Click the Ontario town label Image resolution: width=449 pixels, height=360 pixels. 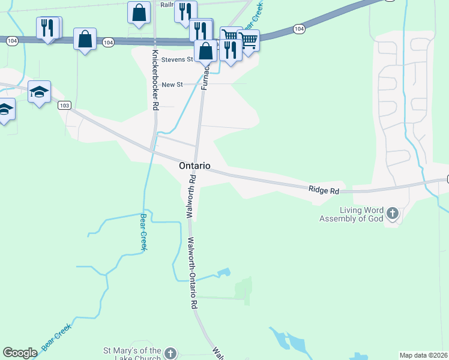pos(194,166)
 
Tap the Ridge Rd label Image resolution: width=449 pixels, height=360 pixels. pos(324,190)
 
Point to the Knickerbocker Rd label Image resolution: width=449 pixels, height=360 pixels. pos(155,80)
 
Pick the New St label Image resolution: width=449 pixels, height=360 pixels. pos(172,85)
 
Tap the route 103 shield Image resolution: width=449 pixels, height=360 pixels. pos(65,106)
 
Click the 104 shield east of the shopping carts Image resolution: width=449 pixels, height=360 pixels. pos(299,29)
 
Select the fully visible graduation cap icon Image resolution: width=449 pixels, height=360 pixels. pos(39,92)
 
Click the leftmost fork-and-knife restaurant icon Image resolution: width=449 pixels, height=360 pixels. pos(47,28)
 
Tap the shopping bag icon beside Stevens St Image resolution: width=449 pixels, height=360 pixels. pos(206,51)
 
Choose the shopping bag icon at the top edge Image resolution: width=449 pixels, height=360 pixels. pos(139,12)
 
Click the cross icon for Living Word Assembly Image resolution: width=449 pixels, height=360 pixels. pos(392,213)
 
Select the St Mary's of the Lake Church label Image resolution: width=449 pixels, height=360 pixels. pos(133,354)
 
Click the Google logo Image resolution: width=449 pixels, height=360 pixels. pos(20,353)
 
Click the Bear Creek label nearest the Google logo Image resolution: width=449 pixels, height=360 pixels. pos(56,337)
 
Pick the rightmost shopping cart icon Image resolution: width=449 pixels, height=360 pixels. pos(249,40)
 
